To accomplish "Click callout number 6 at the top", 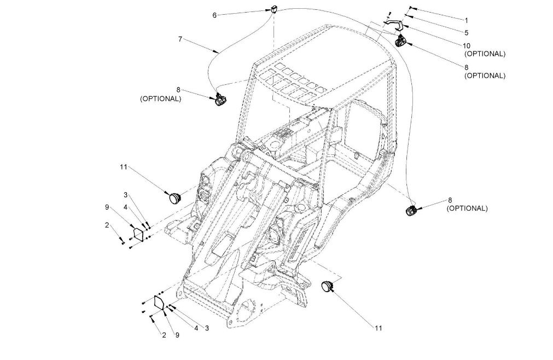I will [215, 15].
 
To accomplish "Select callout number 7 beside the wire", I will [179, 39].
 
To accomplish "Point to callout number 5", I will [466, 32].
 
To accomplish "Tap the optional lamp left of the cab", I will [219, 99].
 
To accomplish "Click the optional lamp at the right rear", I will [411, 210].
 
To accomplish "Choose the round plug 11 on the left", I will [175, 196].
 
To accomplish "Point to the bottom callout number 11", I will [378, 328].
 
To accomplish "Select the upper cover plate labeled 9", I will [138, 234].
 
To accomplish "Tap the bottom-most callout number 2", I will [163, 335].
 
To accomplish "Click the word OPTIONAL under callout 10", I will [485, 54].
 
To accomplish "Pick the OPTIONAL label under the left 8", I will [160, 99].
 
